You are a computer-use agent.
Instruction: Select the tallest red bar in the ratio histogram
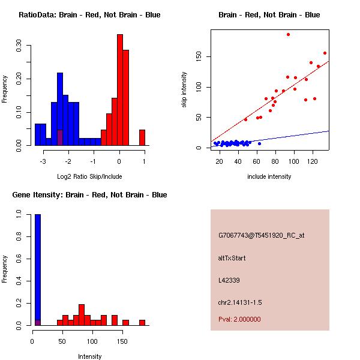coord(120,90)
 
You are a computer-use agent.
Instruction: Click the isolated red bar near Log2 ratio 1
coord(142,137)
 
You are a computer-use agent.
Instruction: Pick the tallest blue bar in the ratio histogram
coord(60,108)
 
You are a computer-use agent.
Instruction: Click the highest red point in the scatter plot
coord(288,35)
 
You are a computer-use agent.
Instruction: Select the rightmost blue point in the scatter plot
coord(259,143)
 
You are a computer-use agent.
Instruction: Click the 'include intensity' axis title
coord(269,176)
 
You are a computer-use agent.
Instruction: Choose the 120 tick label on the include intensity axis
coord(313,162)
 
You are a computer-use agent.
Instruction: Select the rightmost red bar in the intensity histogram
coord(142,322)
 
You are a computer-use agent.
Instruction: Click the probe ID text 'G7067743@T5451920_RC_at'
coord(262,235)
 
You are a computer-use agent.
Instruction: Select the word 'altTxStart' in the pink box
coord(232,258)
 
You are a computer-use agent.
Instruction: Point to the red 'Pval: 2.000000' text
coord(239,319)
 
